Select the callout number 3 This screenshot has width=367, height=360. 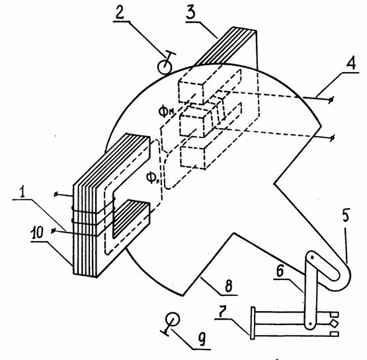(x=190, y=13)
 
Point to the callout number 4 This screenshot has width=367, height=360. (x=350, y=63)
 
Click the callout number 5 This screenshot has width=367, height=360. (x=346, y=215)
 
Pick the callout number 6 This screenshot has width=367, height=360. (x=280, y=271)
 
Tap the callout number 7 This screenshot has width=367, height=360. (x=223, y=312)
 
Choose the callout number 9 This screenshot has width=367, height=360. (x=202, y=338)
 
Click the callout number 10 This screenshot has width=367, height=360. (x=37, y=232)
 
